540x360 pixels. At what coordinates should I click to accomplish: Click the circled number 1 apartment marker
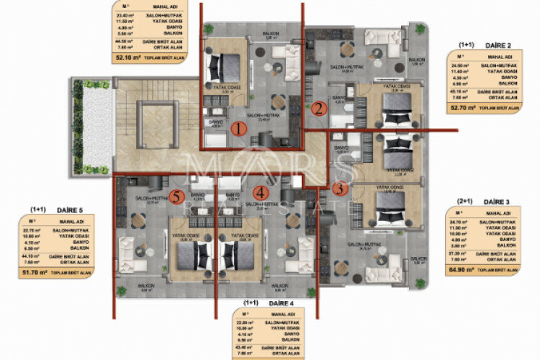(241, 130)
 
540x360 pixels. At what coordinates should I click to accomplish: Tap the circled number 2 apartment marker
(318, 109)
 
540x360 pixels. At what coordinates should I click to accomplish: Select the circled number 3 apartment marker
(341, 189)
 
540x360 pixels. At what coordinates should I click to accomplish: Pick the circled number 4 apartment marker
(261, 192)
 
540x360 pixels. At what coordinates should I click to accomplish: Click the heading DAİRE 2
(492, 44)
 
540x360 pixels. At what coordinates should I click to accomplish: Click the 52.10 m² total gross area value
(127, 56)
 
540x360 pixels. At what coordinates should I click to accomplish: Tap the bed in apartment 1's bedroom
(217, 71)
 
